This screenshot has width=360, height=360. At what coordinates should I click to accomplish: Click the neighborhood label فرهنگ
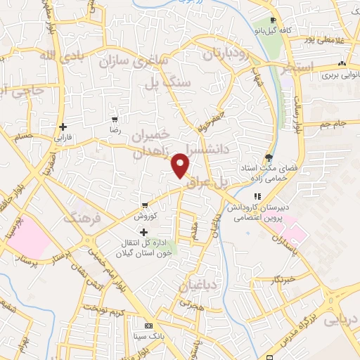[83, 219]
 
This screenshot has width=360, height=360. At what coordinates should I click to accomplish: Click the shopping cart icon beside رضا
[115, 120]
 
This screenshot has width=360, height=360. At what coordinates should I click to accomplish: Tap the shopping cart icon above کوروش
[145, 206]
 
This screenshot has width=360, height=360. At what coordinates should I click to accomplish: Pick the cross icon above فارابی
[63, 126]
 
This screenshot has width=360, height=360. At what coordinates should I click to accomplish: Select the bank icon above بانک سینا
[148, 326]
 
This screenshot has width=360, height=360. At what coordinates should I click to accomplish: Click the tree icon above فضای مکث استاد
[267, 157]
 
